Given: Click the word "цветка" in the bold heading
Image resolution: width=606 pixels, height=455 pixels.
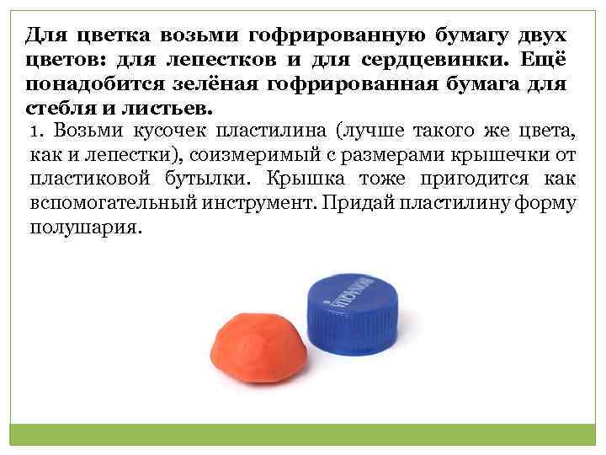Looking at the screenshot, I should click(x=104, y=35).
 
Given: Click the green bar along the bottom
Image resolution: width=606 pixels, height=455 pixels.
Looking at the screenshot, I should click(x=303, y=436).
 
